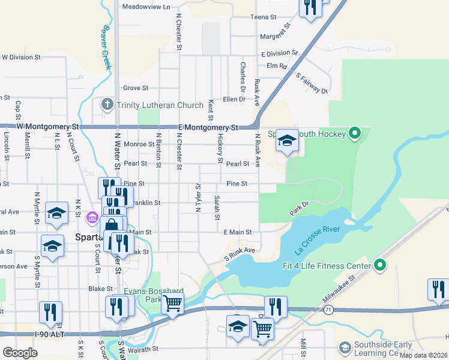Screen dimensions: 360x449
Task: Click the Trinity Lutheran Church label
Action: (x=160, y=105)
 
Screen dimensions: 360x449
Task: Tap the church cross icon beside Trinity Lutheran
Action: (x=107, y=105)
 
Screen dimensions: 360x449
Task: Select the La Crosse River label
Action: (x=317, y=238)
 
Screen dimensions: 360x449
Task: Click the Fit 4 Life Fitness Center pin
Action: (x=379, y=265)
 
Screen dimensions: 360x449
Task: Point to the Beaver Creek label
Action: (x=107, y=47)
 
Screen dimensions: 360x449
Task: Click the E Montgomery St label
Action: (x=208, y=128)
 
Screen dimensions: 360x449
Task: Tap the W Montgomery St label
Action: (x=48, y=127)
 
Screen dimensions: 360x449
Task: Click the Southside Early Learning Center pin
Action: (x=345, y=347)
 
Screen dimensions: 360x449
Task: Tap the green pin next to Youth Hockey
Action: (x=354, y=133)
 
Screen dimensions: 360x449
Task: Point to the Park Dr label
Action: (x=298, y=209)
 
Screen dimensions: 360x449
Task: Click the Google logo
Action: (x=19, y=353)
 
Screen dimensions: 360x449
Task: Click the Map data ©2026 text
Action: (x=422, y=355)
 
